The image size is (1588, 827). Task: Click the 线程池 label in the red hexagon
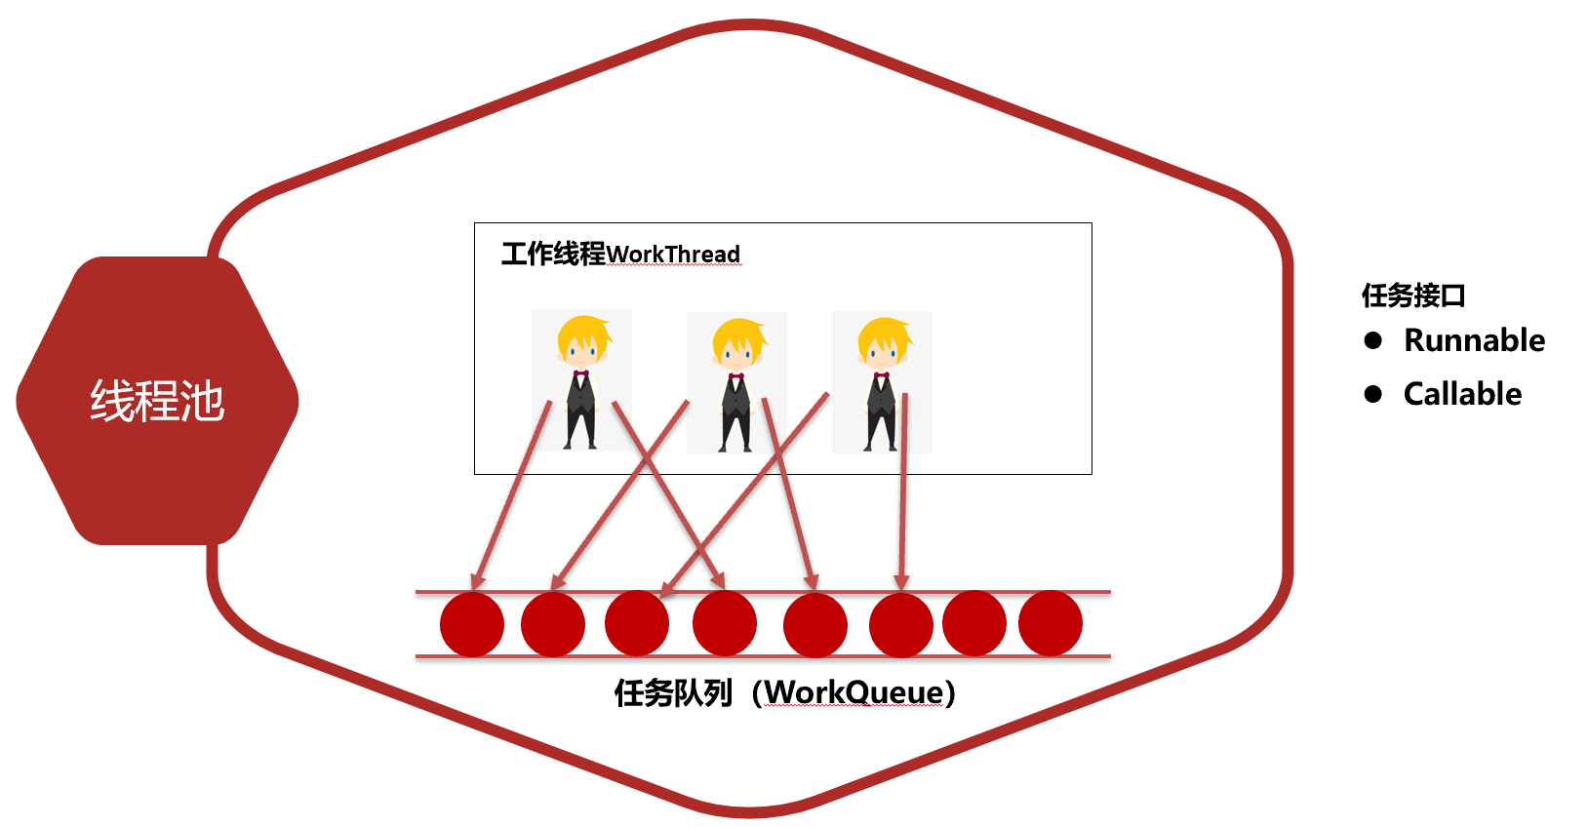click(x=157, y=401)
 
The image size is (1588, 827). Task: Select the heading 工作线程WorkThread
click(x=620, y=255)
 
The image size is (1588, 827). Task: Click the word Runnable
click(x=1474, y=340)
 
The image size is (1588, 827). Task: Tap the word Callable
click(x=1462, y=394)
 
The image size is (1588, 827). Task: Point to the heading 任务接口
click(x=1413, y=295)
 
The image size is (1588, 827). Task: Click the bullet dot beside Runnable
click(x=1373, y=340)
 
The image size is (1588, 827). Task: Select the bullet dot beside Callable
click(x=1373, y=394)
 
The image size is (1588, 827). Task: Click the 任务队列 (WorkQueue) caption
click(x=784, y=692)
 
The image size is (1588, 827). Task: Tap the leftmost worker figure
click(x=581, y=380)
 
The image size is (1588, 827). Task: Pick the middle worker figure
click(x=736, y=383)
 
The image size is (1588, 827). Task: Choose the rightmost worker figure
click(x=882, y=381)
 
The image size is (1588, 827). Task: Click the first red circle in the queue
click(x=472, y=624)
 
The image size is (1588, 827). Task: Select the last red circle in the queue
click(x=1051, y=623)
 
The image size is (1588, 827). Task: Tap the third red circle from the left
click(x=637, y=623)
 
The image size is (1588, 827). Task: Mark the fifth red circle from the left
click(x=815, y=625)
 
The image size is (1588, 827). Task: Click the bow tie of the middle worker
click(x=736, y=376)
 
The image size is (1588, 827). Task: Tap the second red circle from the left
click(x=553, y=624)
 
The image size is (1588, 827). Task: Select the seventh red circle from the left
click(x=974, y=623)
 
